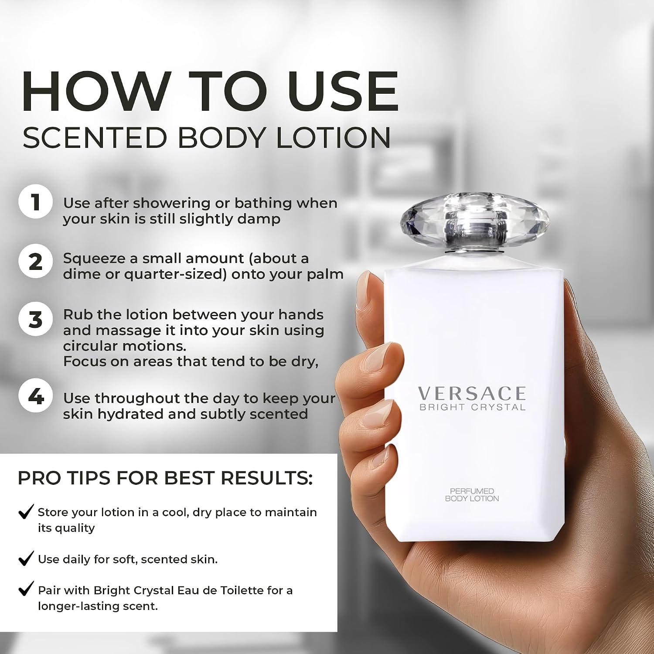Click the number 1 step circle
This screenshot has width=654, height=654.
[35, 203]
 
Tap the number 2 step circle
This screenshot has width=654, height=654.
[35, 262]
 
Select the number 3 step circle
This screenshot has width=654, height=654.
[35, 319]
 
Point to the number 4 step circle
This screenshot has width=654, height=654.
[35, 397]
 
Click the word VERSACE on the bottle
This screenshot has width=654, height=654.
[472, 394]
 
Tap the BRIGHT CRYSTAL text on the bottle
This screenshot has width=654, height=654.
[472, 407]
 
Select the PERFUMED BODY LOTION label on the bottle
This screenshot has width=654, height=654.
[472, 495]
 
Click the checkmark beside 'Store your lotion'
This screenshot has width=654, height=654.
[26, 511]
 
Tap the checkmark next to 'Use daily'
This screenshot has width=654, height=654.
[26, 559]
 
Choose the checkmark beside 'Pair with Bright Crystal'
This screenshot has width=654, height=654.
[26, 589]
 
